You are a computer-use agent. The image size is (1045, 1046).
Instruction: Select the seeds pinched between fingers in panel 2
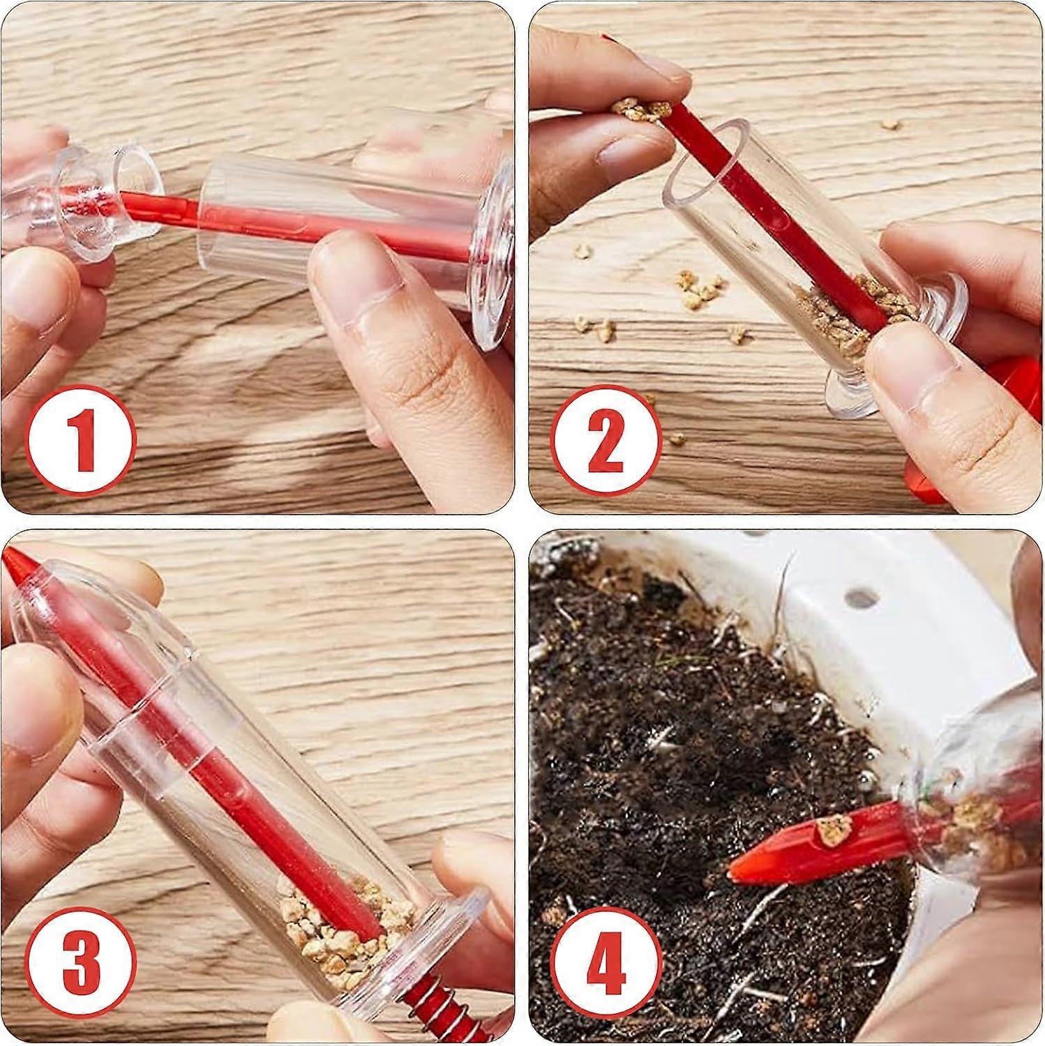(x=638, y=109)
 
